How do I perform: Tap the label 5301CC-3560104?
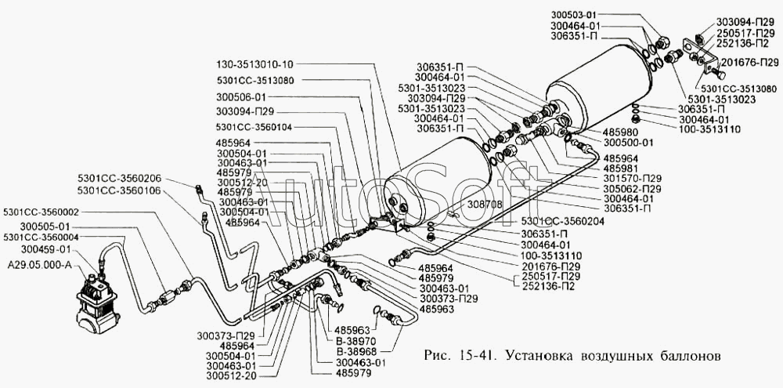255,127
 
